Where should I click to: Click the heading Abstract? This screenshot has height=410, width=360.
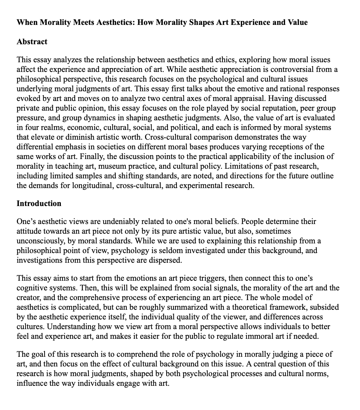(32, 42)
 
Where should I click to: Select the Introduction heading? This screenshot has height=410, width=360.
(39, 203)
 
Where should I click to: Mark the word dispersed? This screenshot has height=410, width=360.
(164, 260)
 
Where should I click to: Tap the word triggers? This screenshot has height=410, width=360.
(177, 278)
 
